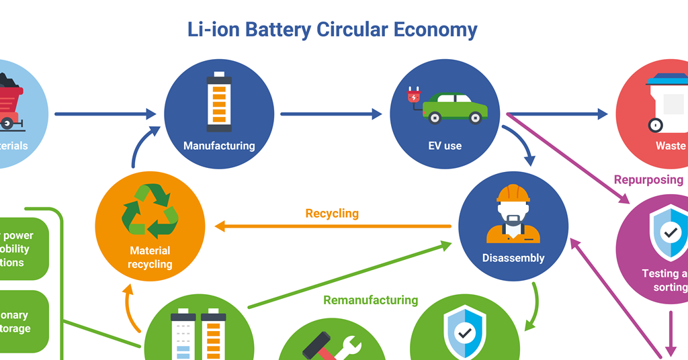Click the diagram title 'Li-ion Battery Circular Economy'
tap(332, 30)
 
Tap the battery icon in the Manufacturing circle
tap(219, 101)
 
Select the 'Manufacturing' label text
tap(219, 146)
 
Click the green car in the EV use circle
tap(455, 107)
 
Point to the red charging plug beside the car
tap(414, 98)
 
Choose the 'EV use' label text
tap(445, 146)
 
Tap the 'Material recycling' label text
tap(150, 257)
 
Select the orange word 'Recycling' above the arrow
tap(332, 214)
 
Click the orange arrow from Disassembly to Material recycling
tap(332, 226)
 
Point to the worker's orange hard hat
tap(513, 193)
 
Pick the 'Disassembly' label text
tap(513, 258)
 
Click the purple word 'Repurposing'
tap(648, 180)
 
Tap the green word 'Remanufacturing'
tap(371, 300)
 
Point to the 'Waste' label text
tap(671, 146)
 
